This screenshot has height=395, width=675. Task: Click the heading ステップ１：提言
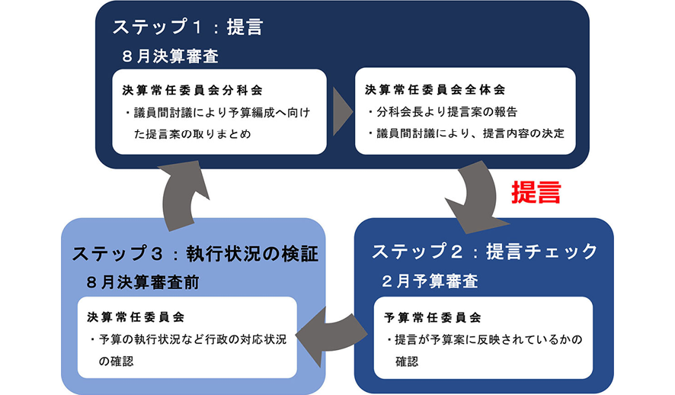(x=187, y=27)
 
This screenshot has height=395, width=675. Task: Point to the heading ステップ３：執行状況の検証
(x=195, y=254)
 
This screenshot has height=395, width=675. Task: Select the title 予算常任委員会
(x=432, y=316)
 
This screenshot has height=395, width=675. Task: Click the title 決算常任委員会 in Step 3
(x=135, y=316)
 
